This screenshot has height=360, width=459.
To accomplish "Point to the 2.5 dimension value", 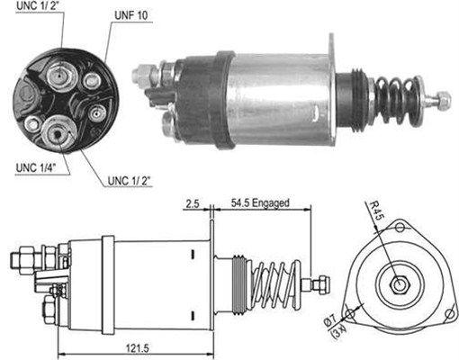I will (x=191, y=203).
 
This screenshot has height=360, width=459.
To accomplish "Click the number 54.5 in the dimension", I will (x=241, y=203).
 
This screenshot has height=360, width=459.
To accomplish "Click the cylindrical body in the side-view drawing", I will (x=157, y=283).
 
